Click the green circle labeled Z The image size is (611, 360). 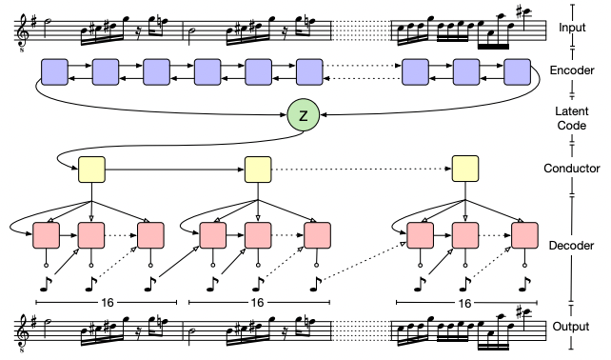coord(304,115)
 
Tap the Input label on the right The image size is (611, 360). coord(572,28)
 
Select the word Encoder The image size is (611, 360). coord(572,70)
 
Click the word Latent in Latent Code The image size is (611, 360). coord(572,111)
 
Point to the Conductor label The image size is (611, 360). coord(572,169)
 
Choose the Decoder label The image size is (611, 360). coord(571,246)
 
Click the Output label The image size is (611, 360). coord(570,327)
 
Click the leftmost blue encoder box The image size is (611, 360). coord(54,72)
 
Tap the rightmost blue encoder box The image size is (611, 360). coord(517,72)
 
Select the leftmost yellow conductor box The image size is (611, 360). coord(91,170)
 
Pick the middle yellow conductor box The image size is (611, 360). coord(258,170)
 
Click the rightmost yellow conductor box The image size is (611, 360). coord(464,169)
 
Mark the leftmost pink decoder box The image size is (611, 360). coord(47,235)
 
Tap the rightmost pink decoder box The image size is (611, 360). coord(524,235)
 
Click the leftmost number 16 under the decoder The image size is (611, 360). coord(108,302)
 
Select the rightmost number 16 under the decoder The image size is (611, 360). coord(464,303)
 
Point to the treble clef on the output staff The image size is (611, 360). coord(22,332)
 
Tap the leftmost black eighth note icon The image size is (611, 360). coord(46,284)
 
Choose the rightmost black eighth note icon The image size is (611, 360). coord(524,284)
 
